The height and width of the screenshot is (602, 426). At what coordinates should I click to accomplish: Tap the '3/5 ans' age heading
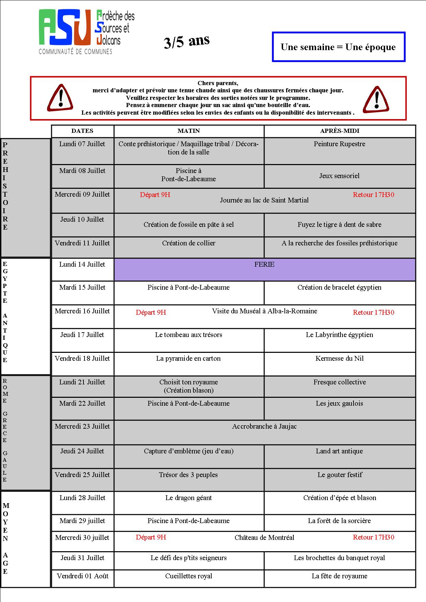click(x=187, y=42)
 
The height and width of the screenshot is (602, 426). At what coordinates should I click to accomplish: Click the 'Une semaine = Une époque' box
click(x=338, y=47)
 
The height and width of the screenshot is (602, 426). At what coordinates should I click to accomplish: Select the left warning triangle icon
click(x=60, y=98)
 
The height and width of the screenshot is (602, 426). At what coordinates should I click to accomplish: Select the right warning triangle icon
click(x=376, y=100)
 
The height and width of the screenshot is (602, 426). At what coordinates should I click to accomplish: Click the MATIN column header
click(x=189, y=131)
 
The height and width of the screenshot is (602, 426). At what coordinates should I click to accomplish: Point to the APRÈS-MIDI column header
click(x=339, y=131)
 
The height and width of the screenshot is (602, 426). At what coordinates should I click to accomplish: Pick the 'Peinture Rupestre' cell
click(x=339, y=144)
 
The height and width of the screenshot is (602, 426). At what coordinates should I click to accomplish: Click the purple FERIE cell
click(x=264, y=269)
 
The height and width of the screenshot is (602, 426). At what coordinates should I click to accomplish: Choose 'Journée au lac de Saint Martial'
click(x=264, y=200)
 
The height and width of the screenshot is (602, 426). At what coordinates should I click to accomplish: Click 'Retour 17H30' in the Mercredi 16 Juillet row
click(x=373, y=312)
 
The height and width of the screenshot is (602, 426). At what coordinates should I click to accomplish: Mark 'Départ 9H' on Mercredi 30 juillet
click(x=151, y=537)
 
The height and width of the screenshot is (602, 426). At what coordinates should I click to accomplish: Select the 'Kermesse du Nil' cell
click(x=339, y=359)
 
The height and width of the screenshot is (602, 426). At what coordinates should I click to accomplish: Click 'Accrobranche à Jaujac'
click(x=264, y=427)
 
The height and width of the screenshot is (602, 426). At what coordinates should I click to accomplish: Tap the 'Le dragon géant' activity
click(x=189, y=498)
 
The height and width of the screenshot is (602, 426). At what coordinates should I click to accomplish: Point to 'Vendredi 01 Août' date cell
click(x=82, y=576)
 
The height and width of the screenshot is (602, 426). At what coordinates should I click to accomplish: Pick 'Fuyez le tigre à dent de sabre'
click(x=339, y=225)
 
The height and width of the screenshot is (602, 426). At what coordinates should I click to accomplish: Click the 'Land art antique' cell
click(x=339, y=451)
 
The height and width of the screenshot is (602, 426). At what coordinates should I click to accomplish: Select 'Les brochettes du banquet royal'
click(x=339, y=558)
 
